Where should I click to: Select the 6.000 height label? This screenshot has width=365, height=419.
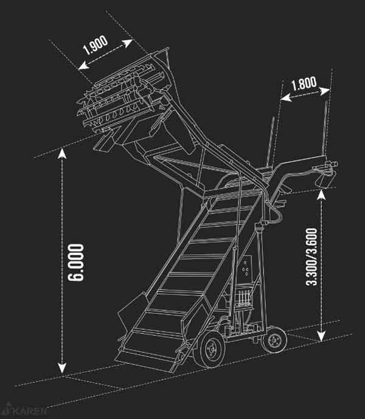point(77,263)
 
